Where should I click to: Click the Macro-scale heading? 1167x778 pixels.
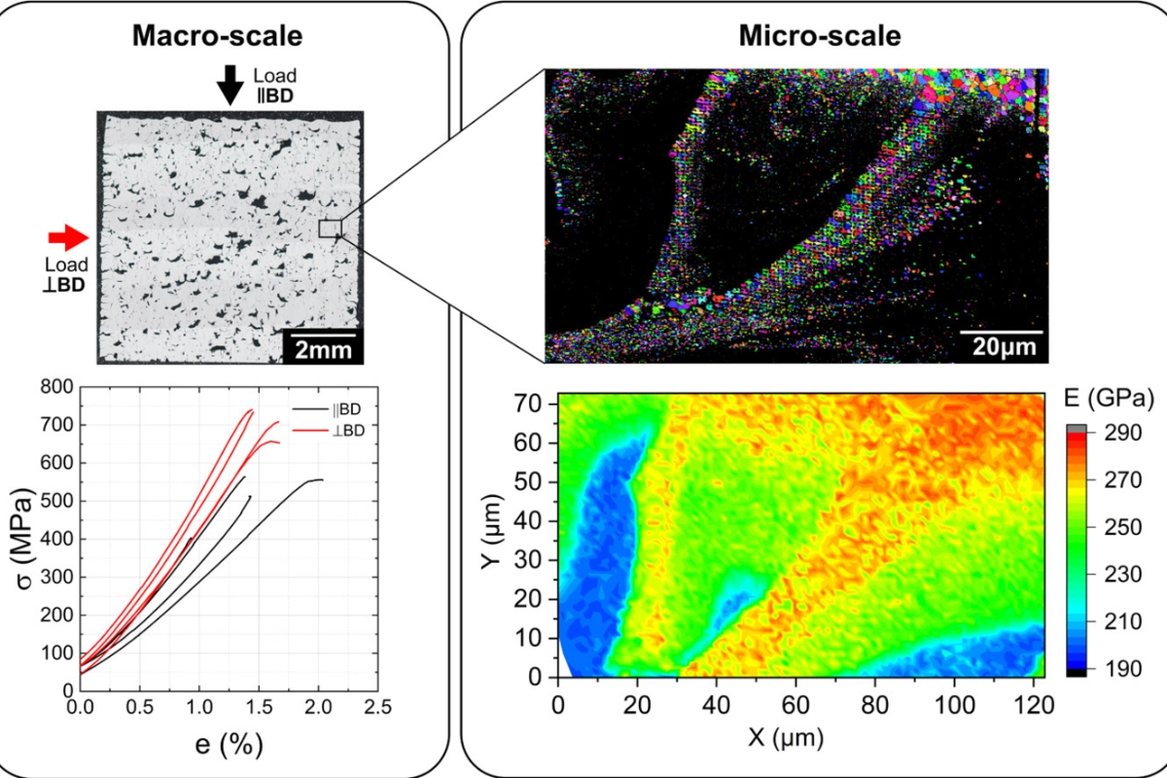coord(218,37)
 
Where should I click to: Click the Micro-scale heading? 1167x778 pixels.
coord(820,37)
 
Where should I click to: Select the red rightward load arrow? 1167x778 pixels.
coord(68,235)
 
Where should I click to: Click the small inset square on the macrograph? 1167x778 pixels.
coord(330,229)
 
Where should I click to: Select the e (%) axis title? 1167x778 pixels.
coord(230,746)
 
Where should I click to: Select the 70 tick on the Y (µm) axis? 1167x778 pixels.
coord(535,401)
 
